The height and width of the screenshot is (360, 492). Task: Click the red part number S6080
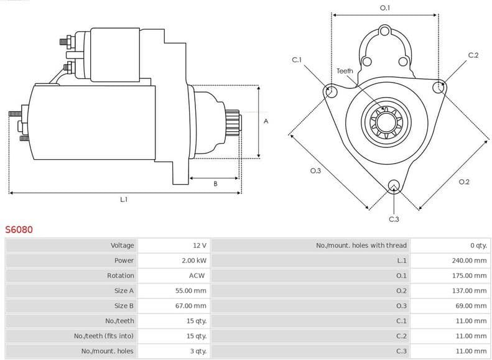click(x=19, y=229)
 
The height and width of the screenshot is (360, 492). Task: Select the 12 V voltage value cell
click(x=199, y=246)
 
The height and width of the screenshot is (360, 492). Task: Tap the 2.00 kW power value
click(x=194, y=261)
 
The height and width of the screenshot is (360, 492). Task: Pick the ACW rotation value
click(x=197, y=275)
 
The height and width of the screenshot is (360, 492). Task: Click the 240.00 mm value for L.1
click(x=469, y=261)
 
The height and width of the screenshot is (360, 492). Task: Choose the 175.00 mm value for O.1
click(x=469, y=275)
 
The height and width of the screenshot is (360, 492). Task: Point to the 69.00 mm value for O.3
click(x=471, y=306)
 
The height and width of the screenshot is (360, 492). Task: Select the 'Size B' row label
click(x=124, y=306)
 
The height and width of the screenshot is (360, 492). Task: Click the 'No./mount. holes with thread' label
click(x=361, y=246)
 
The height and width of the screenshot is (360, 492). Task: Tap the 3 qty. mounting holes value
click(x=197, y=351)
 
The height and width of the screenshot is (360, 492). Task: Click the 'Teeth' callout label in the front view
click(x=345, y=71)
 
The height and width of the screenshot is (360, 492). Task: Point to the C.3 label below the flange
click(x=394, y=219)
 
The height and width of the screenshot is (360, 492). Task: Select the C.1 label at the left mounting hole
click(x=297, y=60)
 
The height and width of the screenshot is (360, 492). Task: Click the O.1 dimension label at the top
click(x=385, y=7)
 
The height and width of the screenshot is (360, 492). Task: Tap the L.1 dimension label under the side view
click(x=124, y=199)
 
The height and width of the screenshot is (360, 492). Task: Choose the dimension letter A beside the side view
click(x=266, y=121)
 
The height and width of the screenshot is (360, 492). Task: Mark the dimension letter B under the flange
click(x=215, y=183)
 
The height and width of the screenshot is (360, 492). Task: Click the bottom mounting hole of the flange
click(x=393, y=185)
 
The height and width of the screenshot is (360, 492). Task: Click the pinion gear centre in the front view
click(x=385, y=121)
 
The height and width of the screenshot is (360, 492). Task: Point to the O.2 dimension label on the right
click(x=464, y=182)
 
